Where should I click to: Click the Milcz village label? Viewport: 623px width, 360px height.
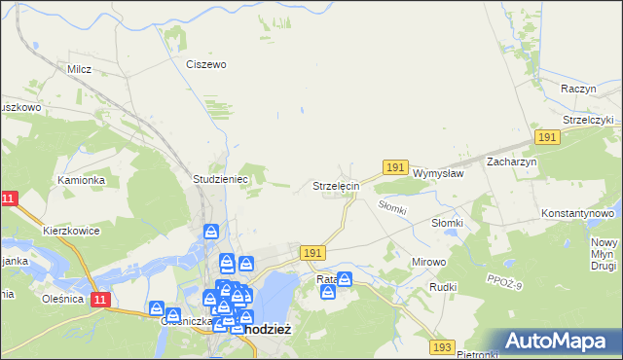[x=79, y=69]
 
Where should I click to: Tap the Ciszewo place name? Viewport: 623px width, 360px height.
[x=206, y=64]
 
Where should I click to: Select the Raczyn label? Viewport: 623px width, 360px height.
[x=578, y=89]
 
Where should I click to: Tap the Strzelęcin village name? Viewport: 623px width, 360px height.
[x=336, y=185]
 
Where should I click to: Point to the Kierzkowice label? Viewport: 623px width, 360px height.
[x=74, y=233]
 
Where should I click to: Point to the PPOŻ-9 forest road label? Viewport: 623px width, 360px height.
[x=505, y=283]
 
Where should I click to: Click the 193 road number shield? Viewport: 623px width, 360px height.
[x=442, y=347]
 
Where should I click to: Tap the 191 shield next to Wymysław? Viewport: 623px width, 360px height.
[x=394, y=168]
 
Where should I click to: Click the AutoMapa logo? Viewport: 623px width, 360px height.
[x=560, y=341]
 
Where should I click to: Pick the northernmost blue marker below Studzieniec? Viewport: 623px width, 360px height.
[x=211, y=233]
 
